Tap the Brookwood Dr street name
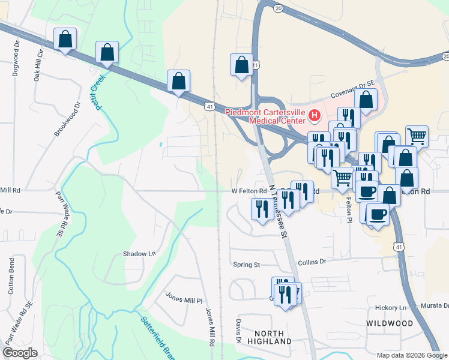pos(67,119)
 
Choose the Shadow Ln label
pos(139,254)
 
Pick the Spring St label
pos(246,265)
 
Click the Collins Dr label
pos(312,262)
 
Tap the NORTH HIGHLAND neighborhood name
pos(273,337)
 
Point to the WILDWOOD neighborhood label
pos(390,323)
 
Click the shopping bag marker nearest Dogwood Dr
pos(65,40)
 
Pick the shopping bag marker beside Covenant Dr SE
pos(366,100)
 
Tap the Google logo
pos(20,353)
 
